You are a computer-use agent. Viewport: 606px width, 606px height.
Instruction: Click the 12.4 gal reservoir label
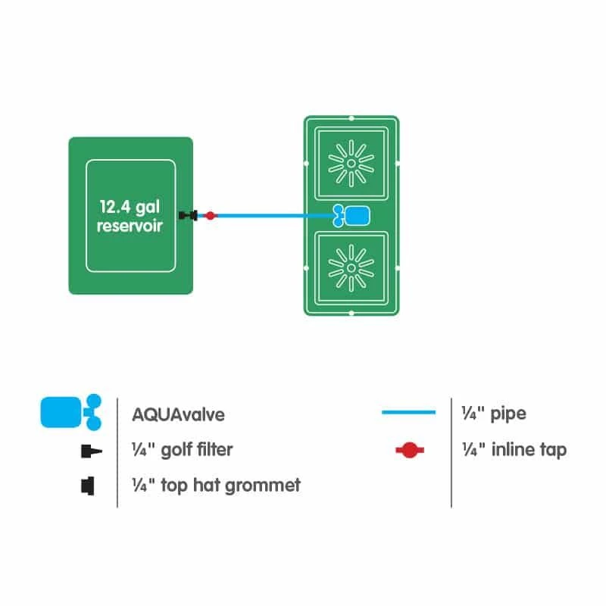130,216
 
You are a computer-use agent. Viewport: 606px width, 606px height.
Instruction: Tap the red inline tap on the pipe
211,216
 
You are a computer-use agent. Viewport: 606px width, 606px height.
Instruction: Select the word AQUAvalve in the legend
178,414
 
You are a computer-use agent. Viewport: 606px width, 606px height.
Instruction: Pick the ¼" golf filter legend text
182,449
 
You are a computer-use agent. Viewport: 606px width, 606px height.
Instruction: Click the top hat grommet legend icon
86,485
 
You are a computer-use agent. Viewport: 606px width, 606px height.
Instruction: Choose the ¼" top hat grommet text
216,485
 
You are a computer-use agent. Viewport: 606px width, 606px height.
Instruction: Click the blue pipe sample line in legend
409,413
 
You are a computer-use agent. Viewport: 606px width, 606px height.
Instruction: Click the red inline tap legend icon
410,451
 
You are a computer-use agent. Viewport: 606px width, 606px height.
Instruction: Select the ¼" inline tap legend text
514,449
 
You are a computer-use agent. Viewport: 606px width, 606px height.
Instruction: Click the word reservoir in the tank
130,226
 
